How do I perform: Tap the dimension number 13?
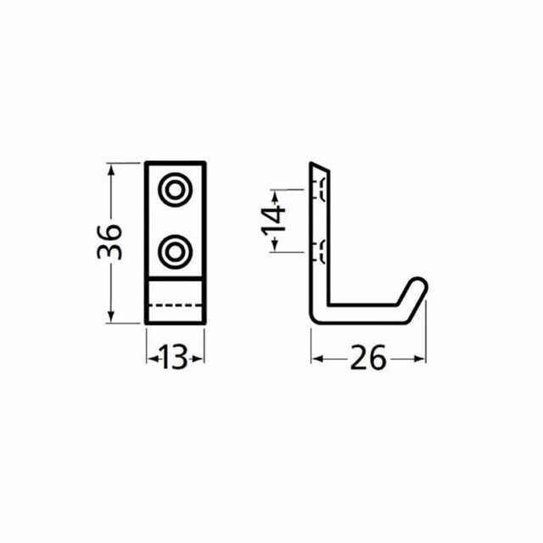(x=174, y=359)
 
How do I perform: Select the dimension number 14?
(x=271, y=218)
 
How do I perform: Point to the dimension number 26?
(x=367, y=359)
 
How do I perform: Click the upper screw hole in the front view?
(x=176, y=190)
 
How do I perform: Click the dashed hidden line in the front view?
(x=176, y=304)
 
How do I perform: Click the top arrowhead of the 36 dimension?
(x=110, y=165)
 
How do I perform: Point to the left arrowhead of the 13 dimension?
(x=150, y=359)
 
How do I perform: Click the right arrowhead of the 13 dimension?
(x=200, y=359)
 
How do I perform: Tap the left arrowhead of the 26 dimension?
(x=316, y=359)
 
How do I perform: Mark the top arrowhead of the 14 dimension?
(x=273, y=191)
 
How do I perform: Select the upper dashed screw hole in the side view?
(x=322, y=190)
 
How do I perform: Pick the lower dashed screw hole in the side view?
(x=322, y=249)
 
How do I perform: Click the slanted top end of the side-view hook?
(x=320, y=166)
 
